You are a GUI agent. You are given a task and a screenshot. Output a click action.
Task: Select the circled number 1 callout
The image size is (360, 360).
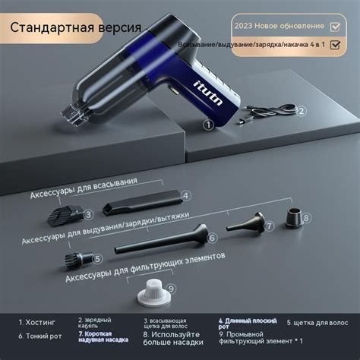point(207,122)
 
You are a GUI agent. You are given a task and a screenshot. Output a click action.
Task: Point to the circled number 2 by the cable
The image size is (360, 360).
point(300,110)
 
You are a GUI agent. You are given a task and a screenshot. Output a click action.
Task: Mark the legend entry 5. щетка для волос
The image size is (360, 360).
point(318,321)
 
